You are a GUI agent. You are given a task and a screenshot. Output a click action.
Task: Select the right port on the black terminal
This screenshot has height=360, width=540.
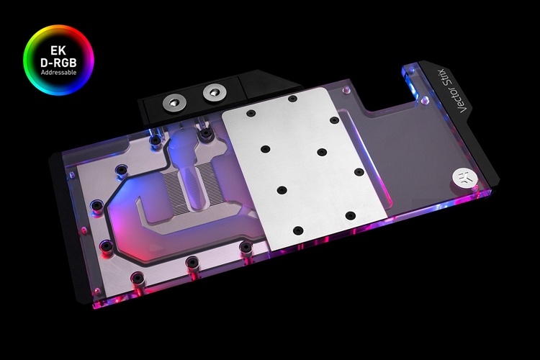(x=212, y=91)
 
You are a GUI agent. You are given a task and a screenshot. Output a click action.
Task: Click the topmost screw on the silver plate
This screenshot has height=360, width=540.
(x=292, y=99)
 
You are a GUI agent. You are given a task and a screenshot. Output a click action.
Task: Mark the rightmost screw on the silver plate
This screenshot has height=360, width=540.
(x=358, y=172)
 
